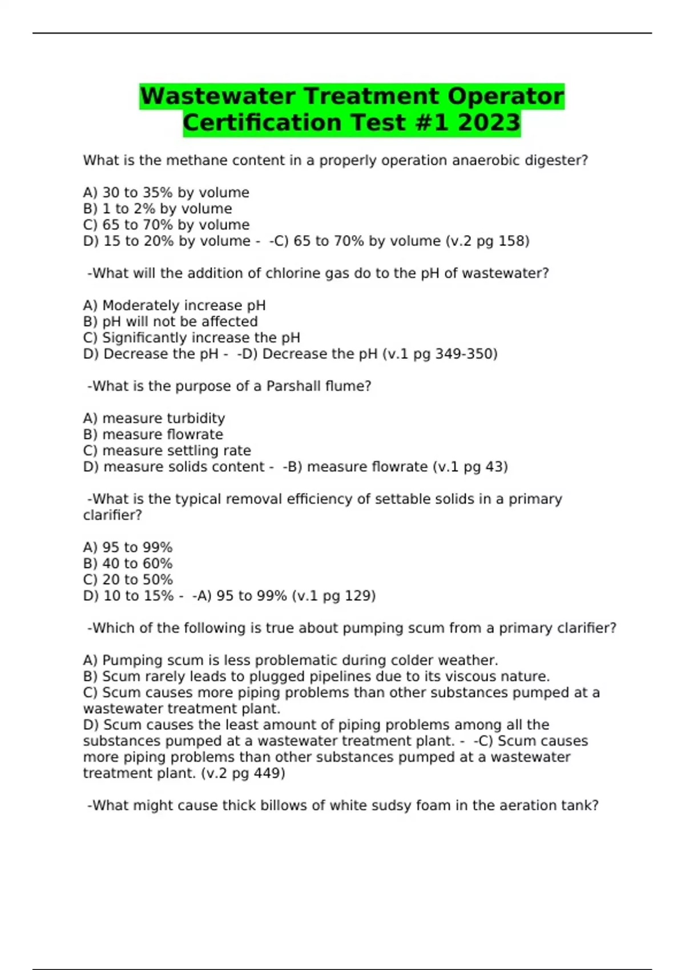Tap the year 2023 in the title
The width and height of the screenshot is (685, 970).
489,123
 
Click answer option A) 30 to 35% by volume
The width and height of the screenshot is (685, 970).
166,193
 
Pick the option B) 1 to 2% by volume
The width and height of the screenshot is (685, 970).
158,209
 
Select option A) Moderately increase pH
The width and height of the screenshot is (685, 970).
174,306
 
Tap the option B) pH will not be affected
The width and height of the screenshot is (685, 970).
170,322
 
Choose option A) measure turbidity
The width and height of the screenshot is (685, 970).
154,419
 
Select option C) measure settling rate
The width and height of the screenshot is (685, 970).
167,451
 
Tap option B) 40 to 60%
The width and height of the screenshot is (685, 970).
128,564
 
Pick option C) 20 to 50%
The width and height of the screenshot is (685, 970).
128,580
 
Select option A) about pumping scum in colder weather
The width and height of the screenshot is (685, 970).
291,661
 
